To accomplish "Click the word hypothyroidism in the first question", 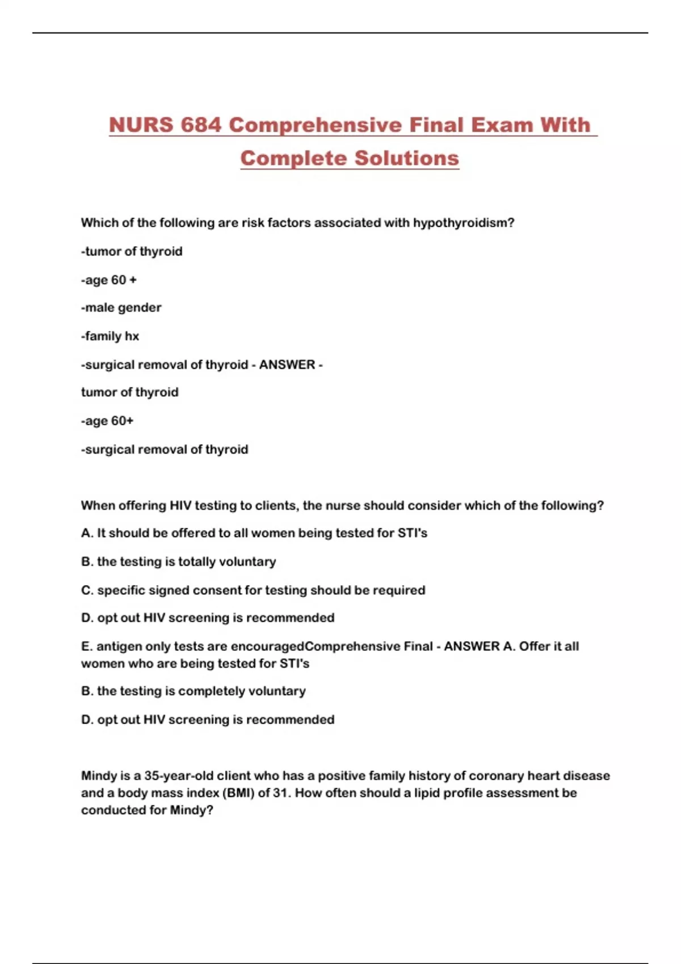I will [x=463, y=223].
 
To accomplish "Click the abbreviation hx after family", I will [x=132, y=336].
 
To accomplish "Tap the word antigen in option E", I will [x=119, y=646].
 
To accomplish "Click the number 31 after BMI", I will [x=280, y=793].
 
